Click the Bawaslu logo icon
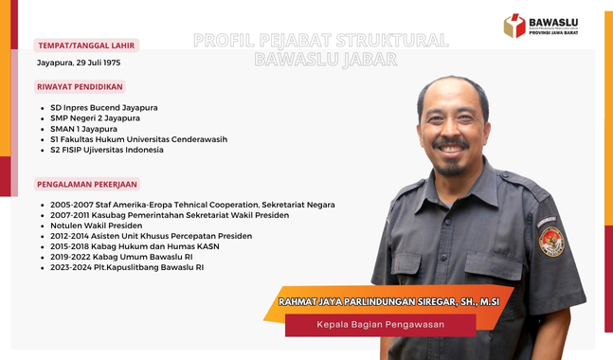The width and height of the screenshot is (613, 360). pos(514,25)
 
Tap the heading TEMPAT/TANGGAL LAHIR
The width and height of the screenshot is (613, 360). pos(86,45)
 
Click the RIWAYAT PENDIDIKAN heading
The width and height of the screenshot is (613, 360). pos(81,86)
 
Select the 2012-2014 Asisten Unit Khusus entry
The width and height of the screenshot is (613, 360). pos(152,236)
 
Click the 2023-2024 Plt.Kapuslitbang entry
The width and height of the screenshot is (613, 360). pos(127,267)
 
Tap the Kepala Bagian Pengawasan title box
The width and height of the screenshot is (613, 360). pos(380,325)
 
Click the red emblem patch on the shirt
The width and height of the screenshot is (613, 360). pos(550,241)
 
